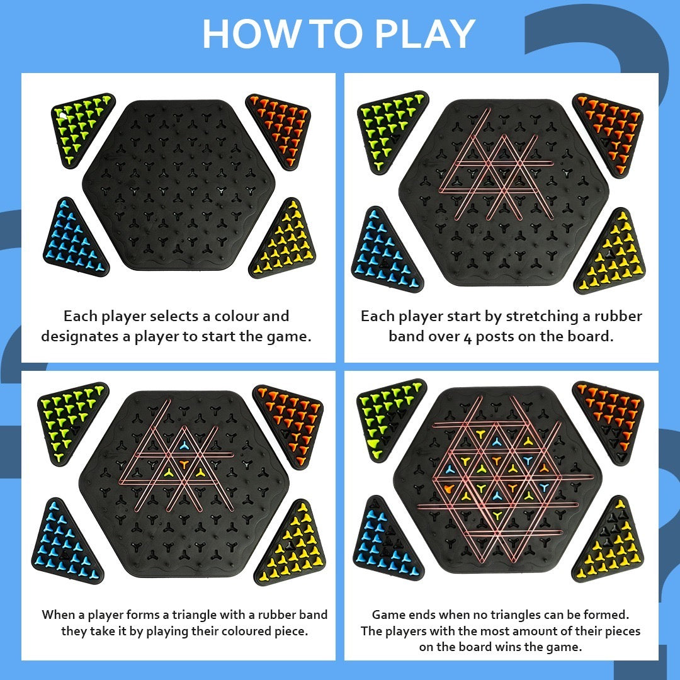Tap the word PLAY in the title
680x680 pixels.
pos(425,34)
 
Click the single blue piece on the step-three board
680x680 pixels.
pos(184,445)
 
